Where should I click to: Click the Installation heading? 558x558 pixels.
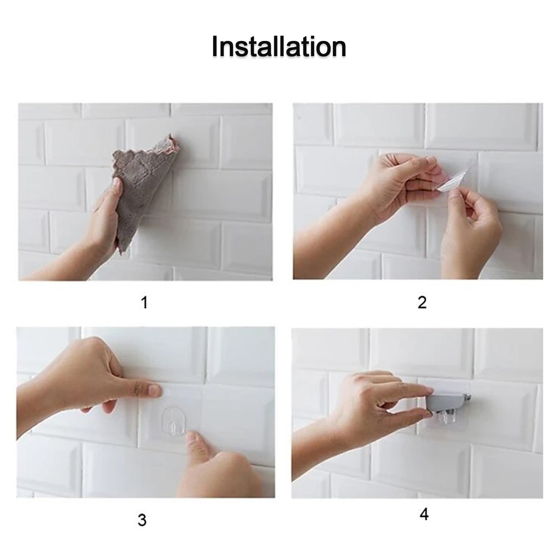(x=279, y=47)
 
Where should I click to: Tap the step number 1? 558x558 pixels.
(x=144, y=302)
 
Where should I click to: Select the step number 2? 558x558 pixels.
(x=422, y=302)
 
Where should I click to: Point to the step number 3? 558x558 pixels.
(x=142, y=520)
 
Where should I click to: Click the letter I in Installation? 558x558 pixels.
(x=215, y=47)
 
